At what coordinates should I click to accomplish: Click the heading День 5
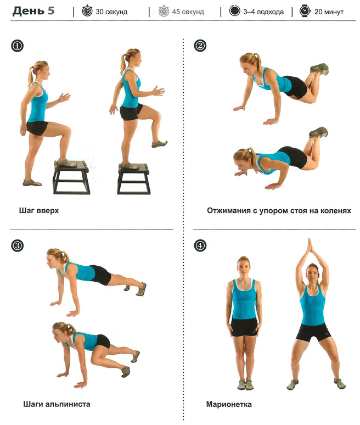33,11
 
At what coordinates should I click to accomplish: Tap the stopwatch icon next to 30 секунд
87,11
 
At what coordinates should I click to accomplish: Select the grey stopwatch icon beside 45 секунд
164,11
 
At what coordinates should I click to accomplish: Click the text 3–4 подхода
263,12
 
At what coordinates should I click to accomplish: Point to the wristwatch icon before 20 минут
305,11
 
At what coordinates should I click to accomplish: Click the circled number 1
17,46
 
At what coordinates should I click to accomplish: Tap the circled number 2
200,46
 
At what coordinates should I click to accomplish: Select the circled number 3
17,246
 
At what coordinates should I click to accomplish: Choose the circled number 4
200,246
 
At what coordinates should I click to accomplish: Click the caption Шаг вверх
39,211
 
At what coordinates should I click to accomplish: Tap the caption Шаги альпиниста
57,404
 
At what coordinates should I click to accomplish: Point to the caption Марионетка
229,404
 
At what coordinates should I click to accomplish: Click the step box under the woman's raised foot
71,177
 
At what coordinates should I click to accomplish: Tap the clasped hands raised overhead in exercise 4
310,248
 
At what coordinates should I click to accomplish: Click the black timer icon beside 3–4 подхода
234,11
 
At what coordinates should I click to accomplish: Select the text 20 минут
329,12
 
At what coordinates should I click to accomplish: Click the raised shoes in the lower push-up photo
318,132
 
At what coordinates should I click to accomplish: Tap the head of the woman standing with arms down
243,267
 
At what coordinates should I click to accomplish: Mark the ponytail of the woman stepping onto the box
31,75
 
